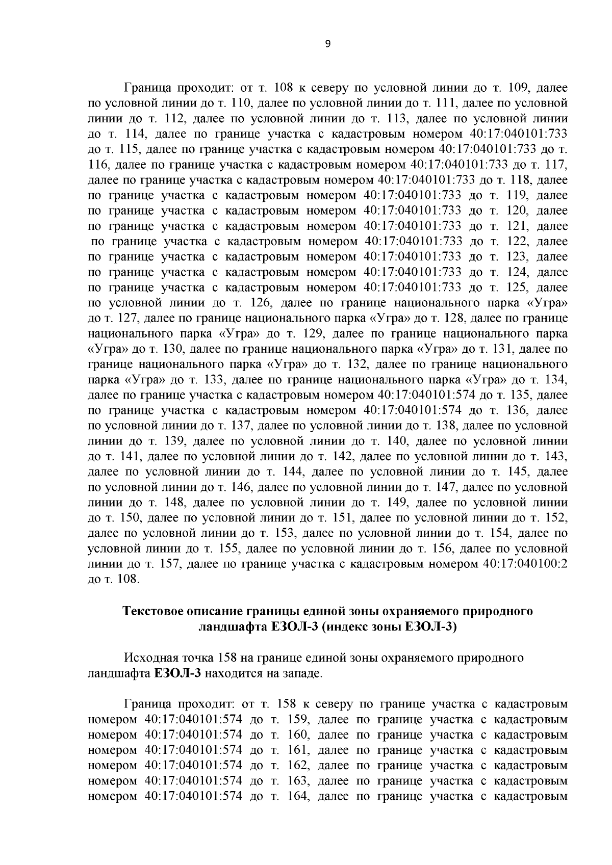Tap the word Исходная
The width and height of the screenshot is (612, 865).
[x=148, y=658]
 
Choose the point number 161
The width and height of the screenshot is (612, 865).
[x=296, y=750]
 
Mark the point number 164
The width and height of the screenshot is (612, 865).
[x=296, y=796]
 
